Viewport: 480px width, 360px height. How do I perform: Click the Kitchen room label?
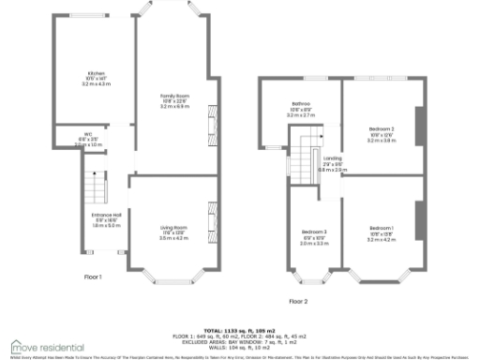pos(96,73)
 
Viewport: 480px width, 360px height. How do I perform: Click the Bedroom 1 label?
pos(381,229)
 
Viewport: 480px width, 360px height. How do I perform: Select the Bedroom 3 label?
pos(314,231)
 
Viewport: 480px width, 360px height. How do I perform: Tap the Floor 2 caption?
pos(297,301)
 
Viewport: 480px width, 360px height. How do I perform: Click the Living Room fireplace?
pos(212,224)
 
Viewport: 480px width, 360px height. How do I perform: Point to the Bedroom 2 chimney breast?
pos(418,122)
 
